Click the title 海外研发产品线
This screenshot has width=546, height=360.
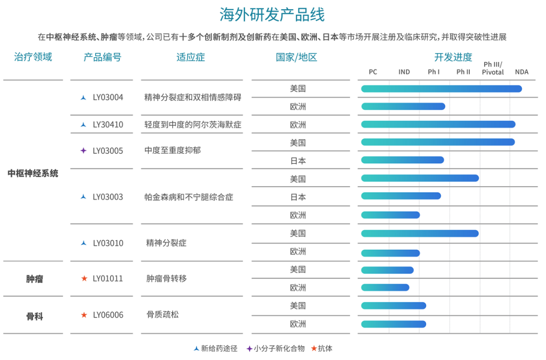(272, 15)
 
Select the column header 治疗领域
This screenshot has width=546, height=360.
(33, 57)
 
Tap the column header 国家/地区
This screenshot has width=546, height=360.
(296, 57)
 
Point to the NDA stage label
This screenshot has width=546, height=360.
(522, 72)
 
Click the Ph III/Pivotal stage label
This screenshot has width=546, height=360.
(493, 68)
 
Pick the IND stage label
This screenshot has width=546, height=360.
(404, 72)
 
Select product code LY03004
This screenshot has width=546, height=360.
(108, 98)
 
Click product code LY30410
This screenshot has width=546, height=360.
(108, 125)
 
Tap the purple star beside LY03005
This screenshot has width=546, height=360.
(83, 150)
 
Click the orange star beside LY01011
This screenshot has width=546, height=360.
(84, 278)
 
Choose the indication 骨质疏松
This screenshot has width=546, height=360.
(163, 314)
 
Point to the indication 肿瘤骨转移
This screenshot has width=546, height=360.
(166, 279)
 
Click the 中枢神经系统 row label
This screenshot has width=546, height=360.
(33, 173)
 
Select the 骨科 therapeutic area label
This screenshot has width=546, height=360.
(34, 317)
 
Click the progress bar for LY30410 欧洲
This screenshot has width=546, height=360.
(438, 124)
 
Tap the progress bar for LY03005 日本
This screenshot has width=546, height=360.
(402, 160)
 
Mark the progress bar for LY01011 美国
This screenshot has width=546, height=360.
(387, 270)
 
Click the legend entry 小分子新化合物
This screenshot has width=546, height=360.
(276, 348)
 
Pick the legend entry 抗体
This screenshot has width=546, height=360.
(322, 348)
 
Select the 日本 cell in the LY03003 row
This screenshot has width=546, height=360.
(298, 197)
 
